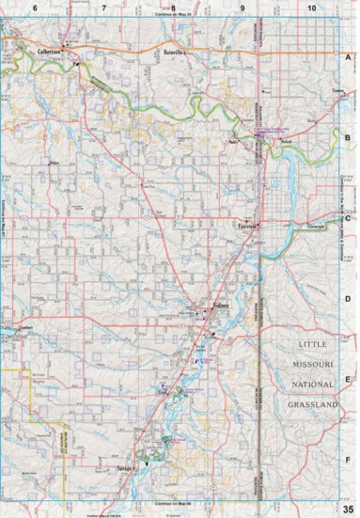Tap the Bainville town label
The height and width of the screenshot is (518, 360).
176,54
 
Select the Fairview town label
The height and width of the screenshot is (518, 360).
245,227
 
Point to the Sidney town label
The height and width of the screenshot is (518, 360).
222,306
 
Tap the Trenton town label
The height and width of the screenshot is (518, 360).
340,91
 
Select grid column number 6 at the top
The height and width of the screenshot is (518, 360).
34,8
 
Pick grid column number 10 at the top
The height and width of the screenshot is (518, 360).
311,8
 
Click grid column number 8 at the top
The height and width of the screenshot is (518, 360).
173,8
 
